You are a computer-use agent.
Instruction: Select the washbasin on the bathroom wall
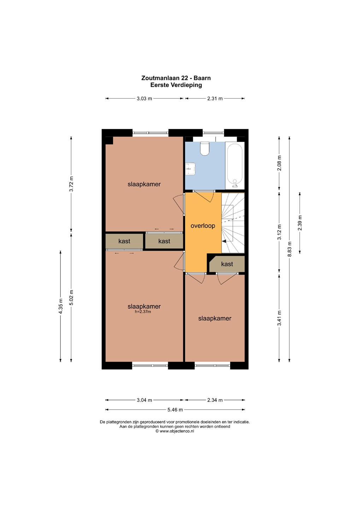pos(190,169)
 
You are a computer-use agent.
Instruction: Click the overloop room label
pos(202,226)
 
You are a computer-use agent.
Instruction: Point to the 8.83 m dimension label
pos(289,249)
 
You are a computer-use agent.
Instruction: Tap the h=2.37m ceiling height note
pos(143,311)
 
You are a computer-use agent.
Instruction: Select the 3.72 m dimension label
pos(71,184)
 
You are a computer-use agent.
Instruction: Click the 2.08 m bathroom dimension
pos(279,163)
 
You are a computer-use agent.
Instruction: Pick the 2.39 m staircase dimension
pos(300,223)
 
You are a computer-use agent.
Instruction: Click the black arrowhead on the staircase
pos(224,241)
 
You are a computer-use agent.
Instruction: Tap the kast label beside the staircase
pos(227,264)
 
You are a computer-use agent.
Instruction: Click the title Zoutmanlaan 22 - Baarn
pos(176,78)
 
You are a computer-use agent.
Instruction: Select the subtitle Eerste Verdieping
pos(176,85)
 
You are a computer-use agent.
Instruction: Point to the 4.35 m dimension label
pos(60,306)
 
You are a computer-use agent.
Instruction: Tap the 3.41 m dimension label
pos(279,318)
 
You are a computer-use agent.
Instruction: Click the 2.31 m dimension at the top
pos(215,99)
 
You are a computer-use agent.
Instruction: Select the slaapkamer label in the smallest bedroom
pos(215,318)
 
